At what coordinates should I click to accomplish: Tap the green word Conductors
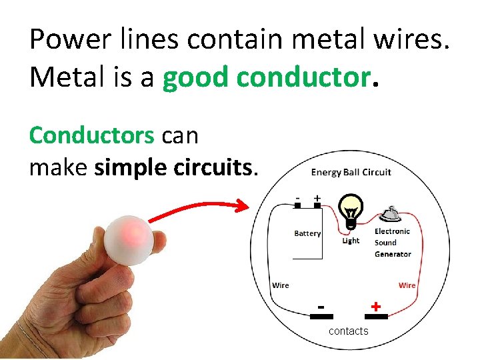[91, 135]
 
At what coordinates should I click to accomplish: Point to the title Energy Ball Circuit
[351, 172]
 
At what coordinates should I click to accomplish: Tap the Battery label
[307, 233]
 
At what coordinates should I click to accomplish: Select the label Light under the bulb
[351, 241]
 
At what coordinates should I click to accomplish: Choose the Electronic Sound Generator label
[392, 243]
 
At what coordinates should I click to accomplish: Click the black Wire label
[281, 285]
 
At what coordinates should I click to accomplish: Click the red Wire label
[407, 285]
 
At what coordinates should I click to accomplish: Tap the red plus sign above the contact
[376, 306]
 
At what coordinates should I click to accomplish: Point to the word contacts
[348, 331]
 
